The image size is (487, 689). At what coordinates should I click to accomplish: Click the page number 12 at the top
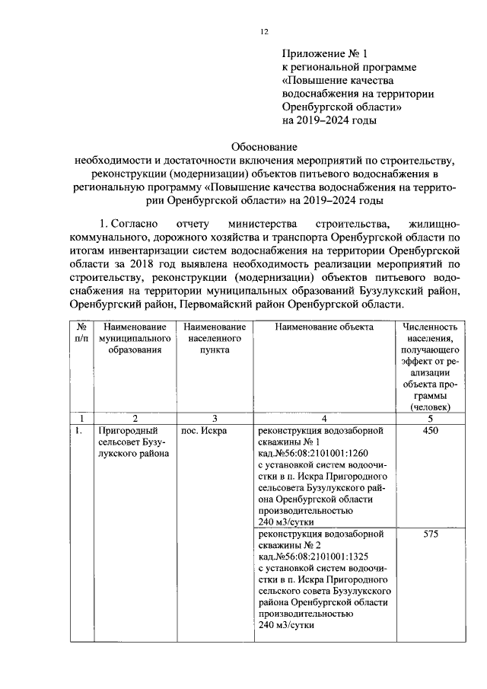264,31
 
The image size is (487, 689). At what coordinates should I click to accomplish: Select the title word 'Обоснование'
264,146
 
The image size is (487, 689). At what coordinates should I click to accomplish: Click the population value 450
431,430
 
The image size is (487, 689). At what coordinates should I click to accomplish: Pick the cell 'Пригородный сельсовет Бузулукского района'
133,442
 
